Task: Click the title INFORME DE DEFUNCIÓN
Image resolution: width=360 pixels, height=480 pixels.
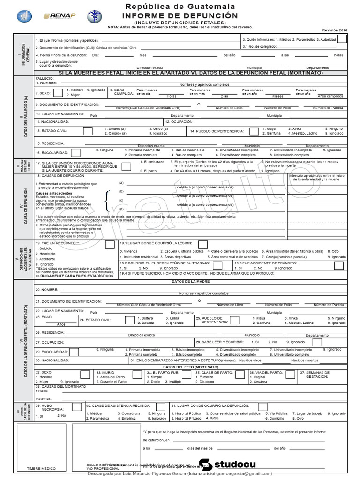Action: click(180, 15)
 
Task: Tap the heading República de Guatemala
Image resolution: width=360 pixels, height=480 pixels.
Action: click(180, 7)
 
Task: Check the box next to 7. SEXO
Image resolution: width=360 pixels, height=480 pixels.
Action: click(58, 92)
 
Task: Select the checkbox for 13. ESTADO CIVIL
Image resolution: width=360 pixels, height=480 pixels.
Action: click(88, 131)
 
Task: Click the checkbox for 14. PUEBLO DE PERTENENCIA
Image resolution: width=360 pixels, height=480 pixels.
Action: click(254, 131)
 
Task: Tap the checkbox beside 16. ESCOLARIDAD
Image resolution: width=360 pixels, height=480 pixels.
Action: click(88, 152)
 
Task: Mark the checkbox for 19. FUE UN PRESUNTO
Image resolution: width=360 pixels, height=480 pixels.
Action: click(110, 245)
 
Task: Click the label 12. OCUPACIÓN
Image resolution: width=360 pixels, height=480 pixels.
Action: click(180, 121)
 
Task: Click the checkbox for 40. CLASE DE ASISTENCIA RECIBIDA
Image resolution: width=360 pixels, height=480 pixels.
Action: click(160, 406)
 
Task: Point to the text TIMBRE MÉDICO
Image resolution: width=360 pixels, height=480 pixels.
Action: click(41, 468)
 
